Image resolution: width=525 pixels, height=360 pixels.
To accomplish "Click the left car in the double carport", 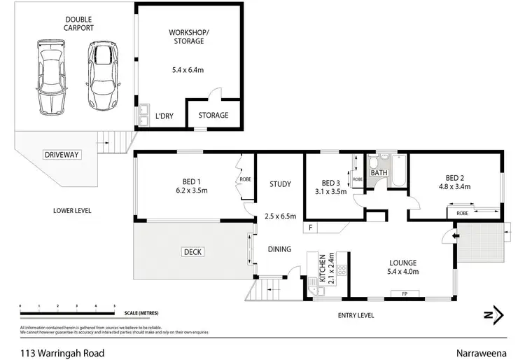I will click(50, 76).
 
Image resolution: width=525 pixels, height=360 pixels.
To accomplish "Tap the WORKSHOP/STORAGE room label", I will click(187, 37).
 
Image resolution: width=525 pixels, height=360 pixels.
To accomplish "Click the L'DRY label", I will click(165, 115).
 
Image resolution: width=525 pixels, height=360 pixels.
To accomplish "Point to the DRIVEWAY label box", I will click(60, 154).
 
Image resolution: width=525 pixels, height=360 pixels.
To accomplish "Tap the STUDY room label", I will click(280, 184).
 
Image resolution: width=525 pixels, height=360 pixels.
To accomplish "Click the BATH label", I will click(379, 173).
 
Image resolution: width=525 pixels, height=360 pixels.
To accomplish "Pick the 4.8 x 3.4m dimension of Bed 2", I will click(454, 186).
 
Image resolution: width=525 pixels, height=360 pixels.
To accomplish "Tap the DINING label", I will click(280, 249).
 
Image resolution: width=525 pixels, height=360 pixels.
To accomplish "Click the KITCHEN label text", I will click(322, 269).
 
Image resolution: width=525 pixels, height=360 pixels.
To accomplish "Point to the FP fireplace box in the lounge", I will click(405, 293).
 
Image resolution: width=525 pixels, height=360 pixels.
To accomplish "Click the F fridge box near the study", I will click(310, 228).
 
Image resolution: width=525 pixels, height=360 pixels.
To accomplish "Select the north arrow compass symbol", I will click(496, 314).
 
